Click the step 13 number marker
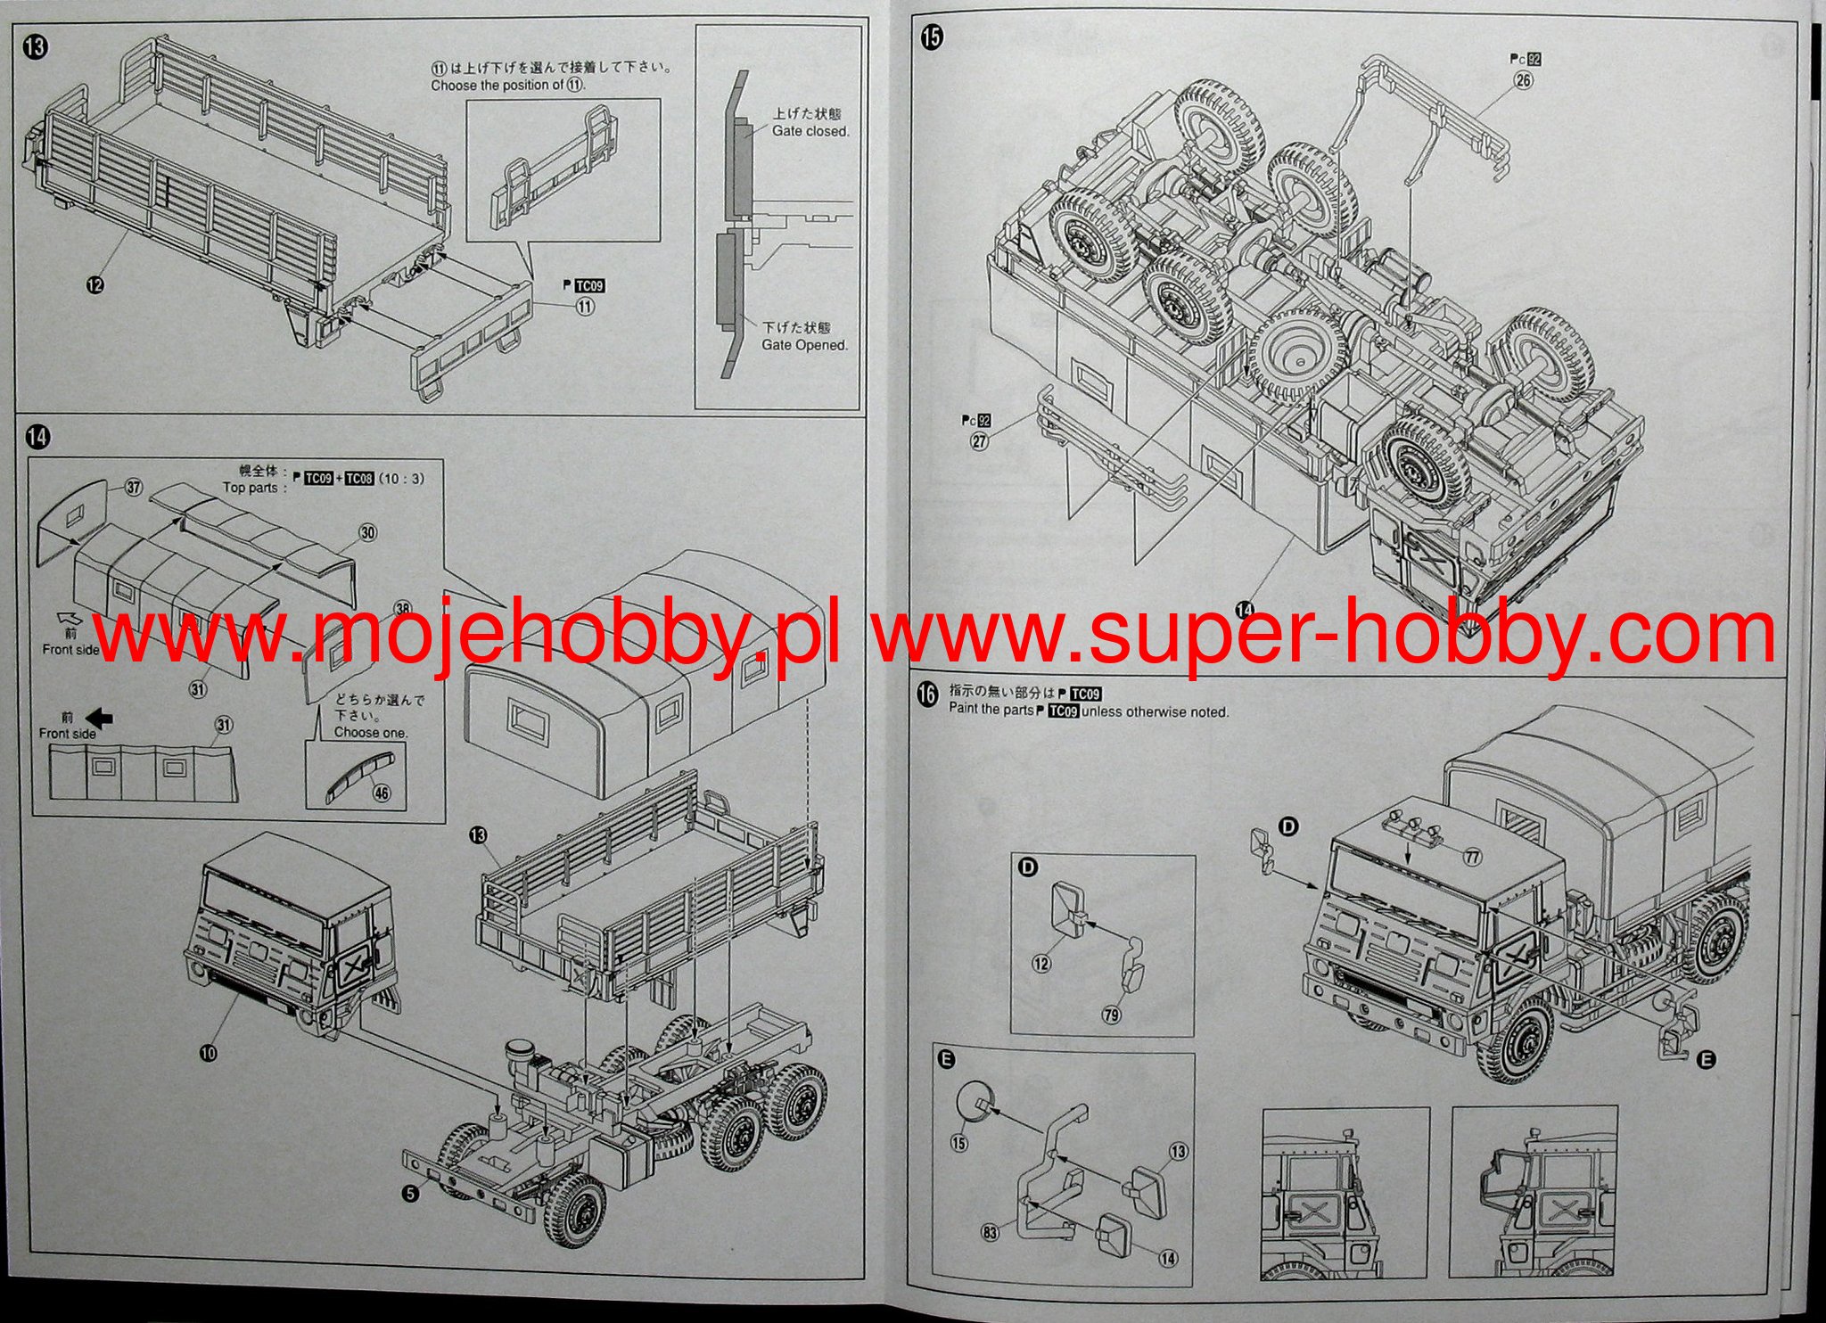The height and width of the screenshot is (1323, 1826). coord(37,47)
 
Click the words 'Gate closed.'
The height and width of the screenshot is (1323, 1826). coord(810,131)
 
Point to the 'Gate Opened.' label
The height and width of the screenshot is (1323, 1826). coord(804,345)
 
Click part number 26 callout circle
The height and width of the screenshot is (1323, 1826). coord(1523,80)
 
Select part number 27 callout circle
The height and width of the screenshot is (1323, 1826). coord(980,440)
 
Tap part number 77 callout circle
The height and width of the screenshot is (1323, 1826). coord(1471,858)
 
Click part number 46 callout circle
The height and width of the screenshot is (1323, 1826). coord(382,792)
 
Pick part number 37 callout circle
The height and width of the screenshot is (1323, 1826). coord(134,487)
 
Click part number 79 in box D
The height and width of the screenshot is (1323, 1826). coord(1112,1014)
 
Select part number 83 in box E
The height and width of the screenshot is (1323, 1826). coord(990,1232)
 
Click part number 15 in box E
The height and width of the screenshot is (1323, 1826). coord(959,1141)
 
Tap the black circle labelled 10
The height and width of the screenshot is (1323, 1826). coord(208,1053)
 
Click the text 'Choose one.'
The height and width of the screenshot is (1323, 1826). coord(370,733)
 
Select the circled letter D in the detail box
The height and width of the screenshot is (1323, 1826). coord(1028,868)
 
